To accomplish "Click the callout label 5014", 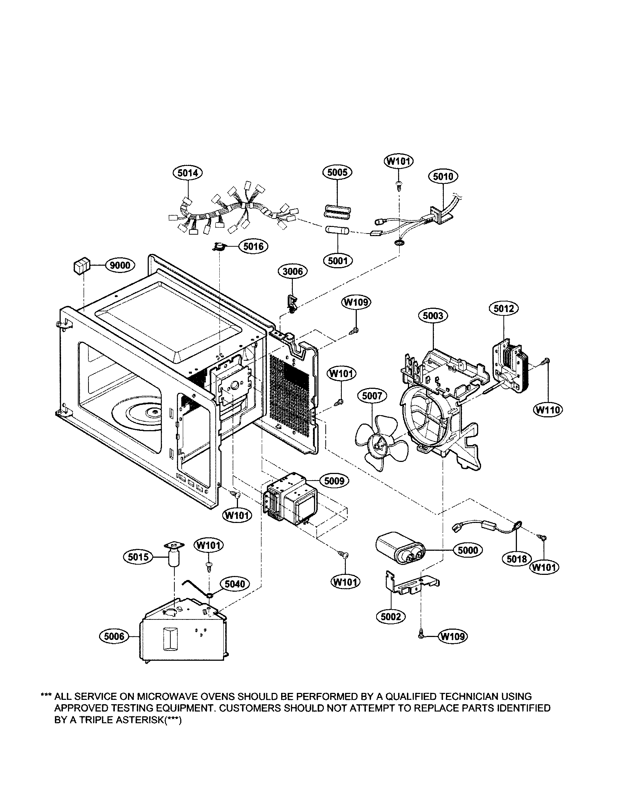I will tap(188, 173).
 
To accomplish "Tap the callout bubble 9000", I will tap(120, 265).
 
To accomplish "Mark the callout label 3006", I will tap(293, 271).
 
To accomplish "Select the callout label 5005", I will tap(337, 172).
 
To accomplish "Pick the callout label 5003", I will tap(433, 315).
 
